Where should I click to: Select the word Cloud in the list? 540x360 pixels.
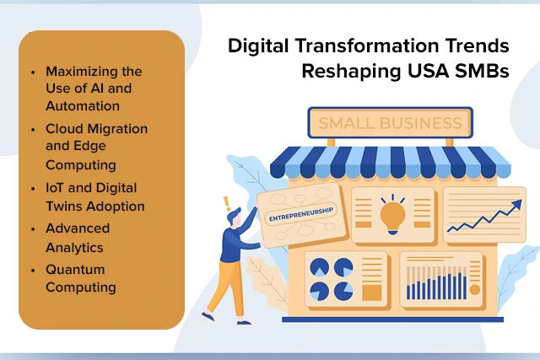coord(64,128)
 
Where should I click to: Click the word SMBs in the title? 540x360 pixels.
coord(479,71)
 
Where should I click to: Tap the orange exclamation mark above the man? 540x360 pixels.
coord(225,203)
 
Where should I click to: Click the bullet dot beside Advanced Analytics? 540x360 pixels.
coord(33,228)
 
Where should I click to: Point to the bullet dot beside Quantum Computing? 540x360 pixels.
coord(33,270)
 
